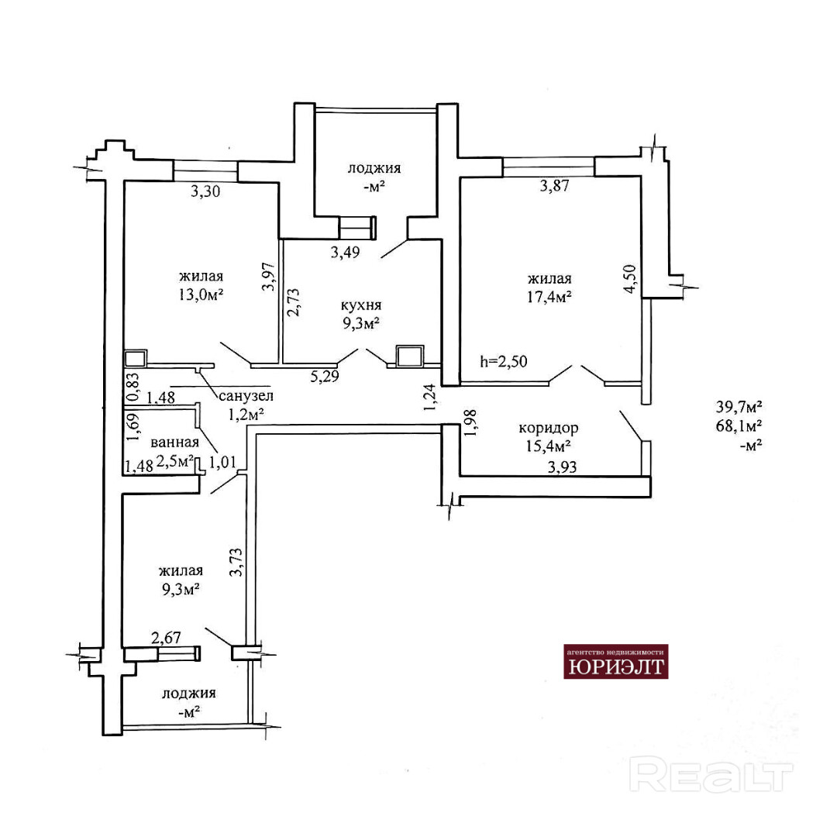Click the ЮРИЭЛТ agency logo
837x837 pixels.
point(615,661)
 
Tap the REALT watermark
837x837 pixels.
point(711,774)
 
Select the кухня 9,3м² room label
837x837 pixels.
point(361,314)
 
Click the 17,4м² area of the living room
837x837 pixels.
point(549,297)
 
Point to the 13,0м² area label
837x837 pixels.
point(201,294)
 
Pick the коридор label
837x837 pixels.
point(548,428)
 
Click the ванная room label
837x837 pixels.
point(174,442)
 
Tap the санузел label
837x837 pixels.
point(246,395)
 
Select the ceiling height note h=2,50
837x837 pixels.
point(504,361)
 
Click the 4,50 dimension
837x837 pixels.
point(630,279)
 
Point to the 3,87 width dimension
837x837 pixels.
point(555,186)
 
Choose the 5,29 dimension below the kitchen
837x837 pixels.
point(325,377)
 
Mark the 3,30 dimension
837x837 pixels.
point(205,191)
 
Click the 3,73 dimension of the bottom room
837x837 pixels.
point(236,562)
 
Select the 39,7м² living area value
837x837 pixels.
point(739,407)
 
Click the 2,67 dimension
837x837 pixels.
point(166,637)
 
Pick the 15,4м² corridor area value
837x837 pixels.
point(548,446)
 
